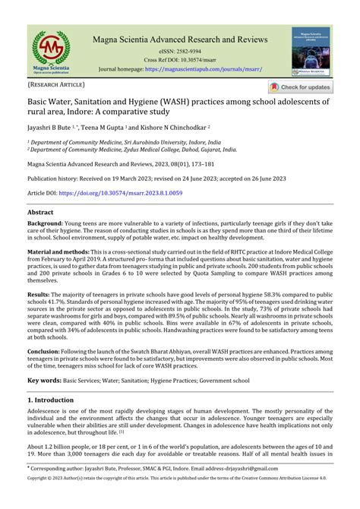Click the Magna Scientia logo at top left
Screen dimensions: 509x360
point(50,52)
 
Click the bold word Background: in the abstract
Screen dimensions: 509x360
point(51,226)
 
